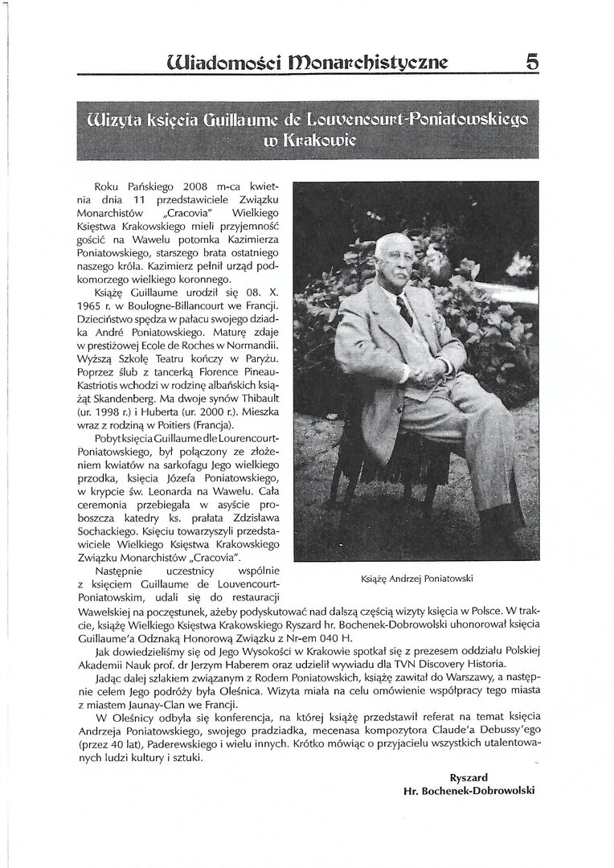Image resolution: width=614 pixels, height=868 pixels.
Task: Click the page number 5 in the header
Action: pyautogui.click(x=531, y=61)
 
